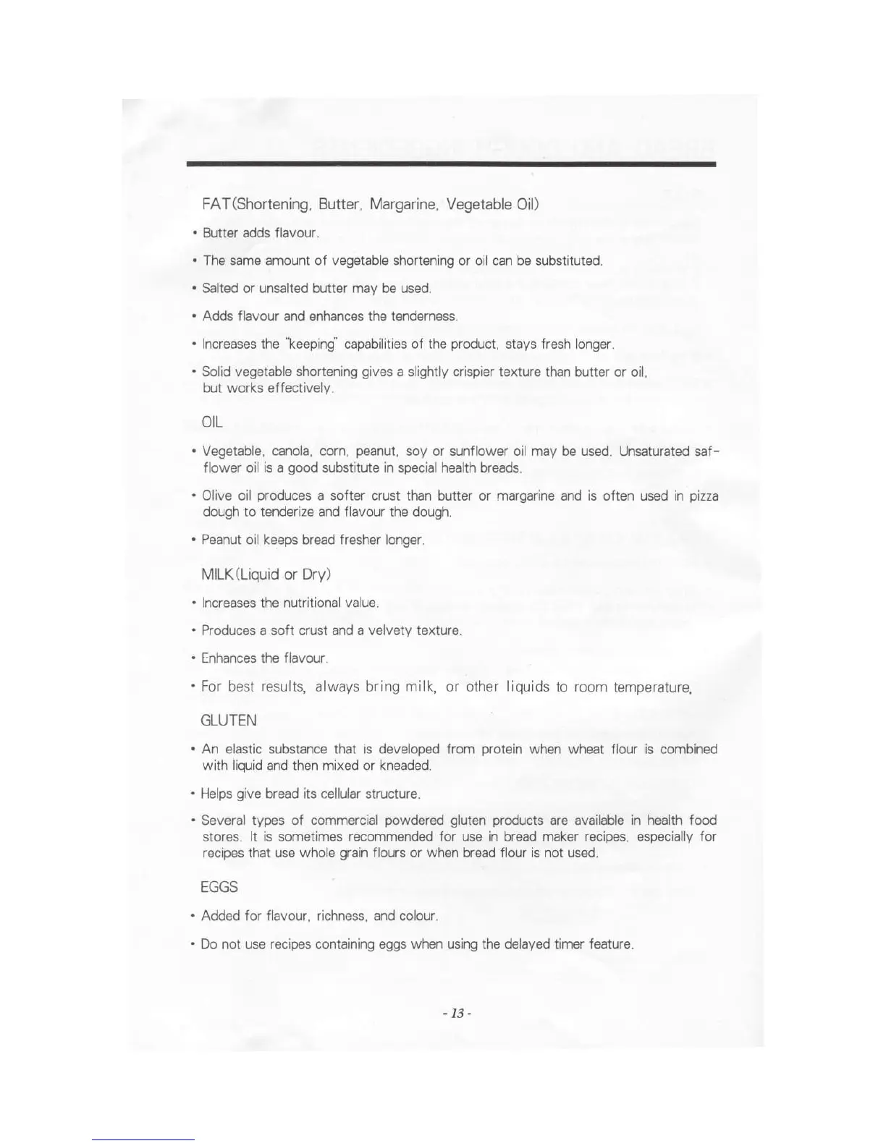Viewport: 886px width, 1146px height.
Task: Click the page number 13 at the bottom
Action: point(457,1013)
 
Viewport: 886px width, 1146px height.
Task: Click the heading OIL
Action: point(212,422)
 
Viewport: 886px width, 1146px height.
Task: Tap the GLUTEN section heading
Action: point(228,721)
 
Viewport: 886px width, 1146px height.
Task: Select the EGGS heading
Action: point(219,887)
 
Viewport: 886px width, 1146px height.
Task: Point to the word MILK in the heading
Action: point(215,574)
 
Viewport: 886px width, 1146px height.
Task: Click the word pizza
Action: point(703,496)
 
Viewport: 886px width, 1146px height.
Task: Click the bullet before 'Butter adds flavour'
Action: point(195,233)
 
